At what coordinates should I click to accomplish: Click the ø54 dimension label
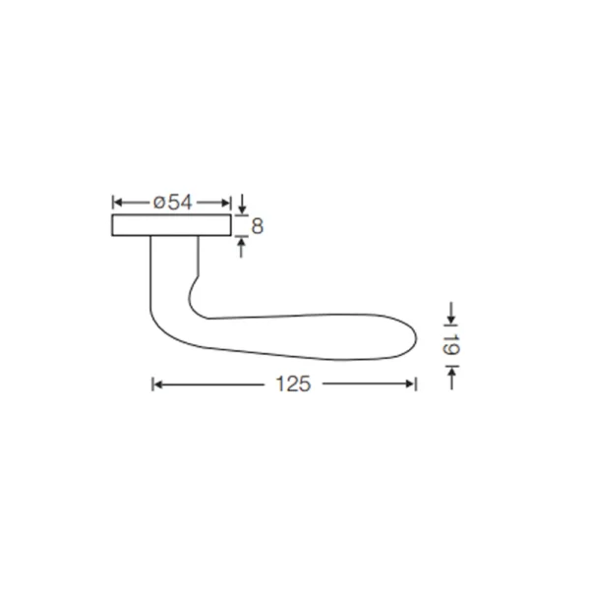click(x=173, y=203)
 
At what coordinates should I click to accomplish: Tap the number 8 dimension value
click(x=257, y=226)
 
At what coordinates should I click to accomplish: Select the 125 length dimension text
click(x=293, y=384)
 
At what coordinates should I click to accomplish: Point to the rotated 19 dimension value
click(x=450, y=344)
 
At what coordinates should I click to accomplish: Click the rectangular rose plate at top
click(x=171, y=225)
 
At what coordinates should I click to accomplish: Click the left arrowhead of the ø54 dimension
click(x=118, y=203)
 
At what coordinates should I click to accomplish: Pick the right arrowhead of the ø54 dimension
click(x=226, y=203)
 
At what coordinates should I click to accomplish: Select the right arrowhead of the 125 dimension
click(x=410, y=384)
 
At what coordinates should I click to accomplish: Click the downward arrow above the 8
click(x=243, y=204)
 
